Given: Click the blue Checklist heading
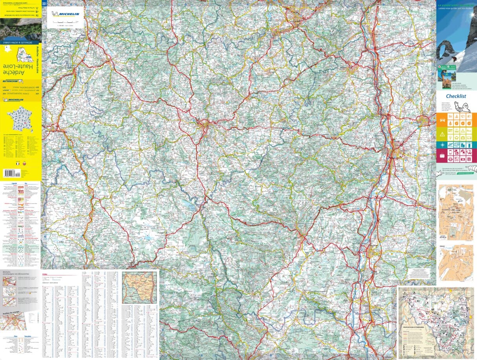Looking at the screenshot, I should (x=456, y=96).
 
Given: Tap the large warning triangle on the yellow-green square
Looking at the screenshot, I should (x=442, y=134).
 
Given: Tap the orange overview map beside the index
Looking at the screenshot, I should (x=139, y=287).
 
